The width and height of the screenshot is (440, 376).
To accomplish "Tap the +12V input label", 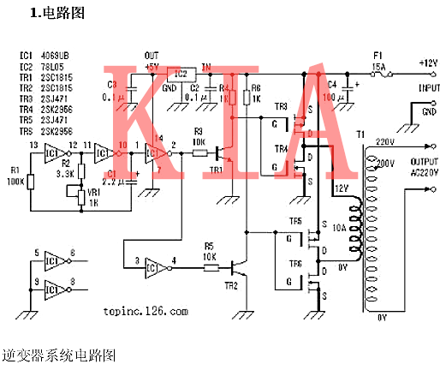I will (427, 64).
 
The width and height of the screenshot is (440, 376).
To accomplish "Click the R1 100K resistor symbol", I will (30, 182).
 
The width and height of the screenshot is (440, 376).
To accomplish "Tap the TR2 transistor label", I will (229, 283).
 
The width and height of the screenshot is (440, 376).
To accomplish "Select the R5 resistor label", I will (209, 247).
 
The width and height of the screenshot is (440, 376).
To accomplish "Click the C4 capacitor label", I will (332, 84).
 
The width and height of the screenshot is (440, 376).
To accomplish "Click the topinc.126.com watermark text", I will (143, 312).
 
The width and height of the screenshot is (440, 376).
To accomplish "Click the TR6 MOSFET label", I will (295, 264).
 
